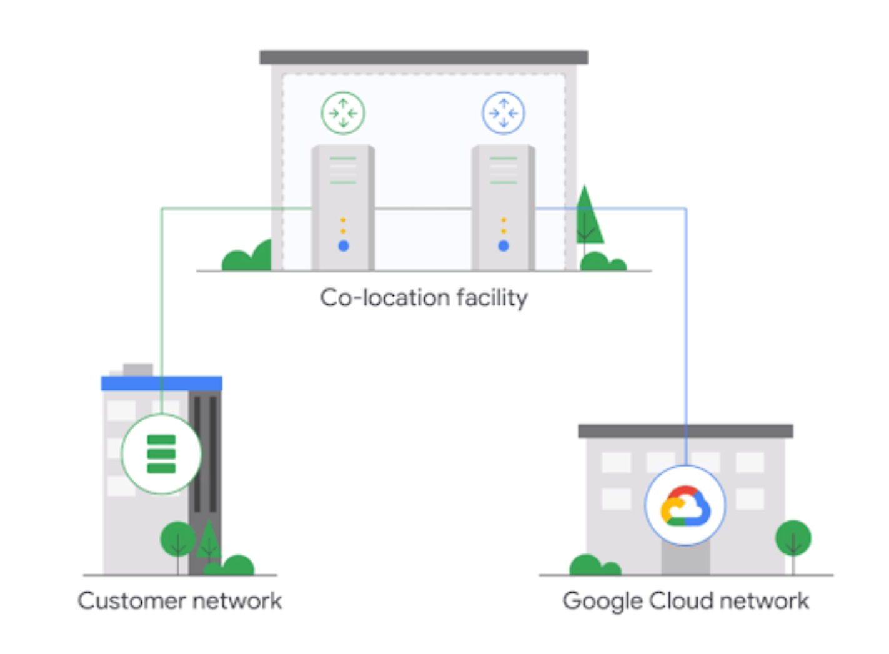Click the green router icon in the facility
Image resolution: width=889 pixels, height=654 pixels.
tap(343, 113)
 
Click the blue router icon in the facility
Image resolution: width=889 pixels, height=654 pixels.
tap(504, 113)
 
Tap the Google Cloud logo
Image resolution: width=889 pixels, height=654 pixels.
tap(685, 505)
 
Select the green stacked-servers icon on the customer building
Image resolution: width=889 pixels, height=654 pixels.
tap(161, 454)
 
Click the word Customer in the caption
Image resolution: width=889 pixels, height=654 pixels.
tap(131, 601)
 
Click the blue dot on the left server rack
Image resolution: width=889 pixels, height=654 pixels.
tap(344, 246)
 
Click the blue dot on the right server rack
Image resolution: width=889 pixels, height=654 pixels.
tap(504, 246)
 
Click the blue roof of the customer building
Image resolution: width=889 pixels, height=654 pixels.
tap(161, 383)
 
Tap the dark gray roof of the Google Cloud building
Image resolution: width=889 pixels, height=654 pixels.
tap(685, 431)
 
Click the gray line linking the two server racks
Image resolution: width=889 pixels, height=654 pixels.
tap(423, 208)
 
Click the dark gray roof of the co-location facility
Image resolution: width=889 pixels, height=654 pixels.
tap(424, 57)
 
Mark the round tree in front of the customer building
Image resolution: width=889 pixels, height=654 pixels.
tap(178, 539)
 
